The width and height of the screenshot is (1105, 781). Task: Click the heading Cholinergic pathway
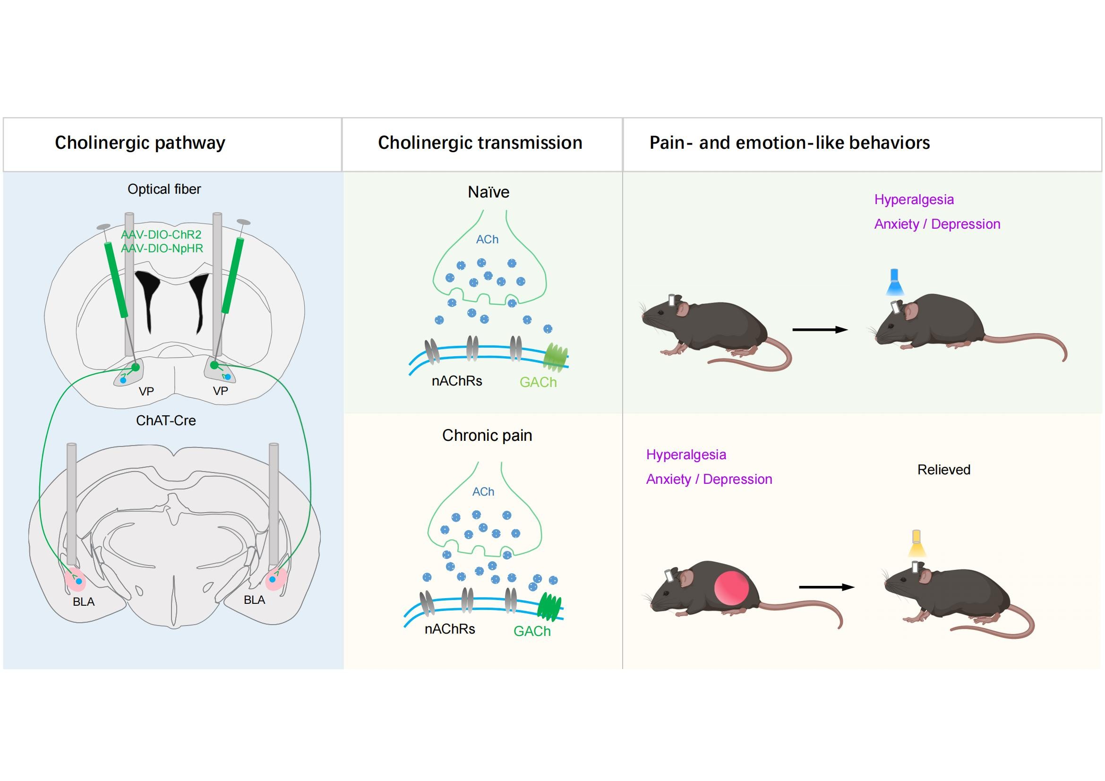139,143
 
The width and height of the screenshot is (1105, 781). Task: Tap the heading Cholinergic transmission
480,143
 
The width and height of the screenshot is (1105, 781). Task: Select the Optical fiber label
164,189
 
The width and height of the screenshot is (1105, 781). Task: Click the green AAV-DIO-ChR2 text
161,235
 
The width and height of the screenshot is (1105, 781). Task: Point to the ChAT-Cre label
165,421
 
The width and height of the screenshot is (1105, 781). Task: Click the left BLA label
84,602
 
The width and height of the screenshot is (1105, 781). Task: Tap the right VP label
221,391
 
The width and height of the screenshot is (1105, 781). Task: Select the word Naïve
488,192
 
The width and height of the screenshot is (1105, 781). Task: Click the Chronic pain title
487,436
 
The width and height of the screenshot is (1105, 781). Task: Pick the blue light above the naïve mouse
894,283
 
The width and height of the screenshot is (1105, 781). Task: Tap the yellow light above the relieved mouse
917,544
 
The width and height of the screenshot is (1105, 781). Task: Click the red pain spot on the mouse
731,588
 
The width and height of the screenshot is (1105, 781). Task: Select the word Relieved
943,470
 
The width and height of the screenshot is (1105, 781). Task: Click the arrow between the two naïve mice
820,330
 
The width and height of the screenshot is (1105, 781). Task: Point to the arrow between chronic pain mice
826,587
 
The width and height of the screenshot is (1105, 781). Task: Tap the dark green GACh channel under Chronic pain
548,607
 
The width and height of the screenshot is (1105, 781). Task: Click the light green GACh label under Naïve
538,383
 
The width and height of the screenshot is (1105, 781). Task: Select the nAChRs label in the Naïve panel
457,381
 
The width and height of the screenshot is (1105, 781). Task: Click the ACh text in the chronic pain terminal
483,492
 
